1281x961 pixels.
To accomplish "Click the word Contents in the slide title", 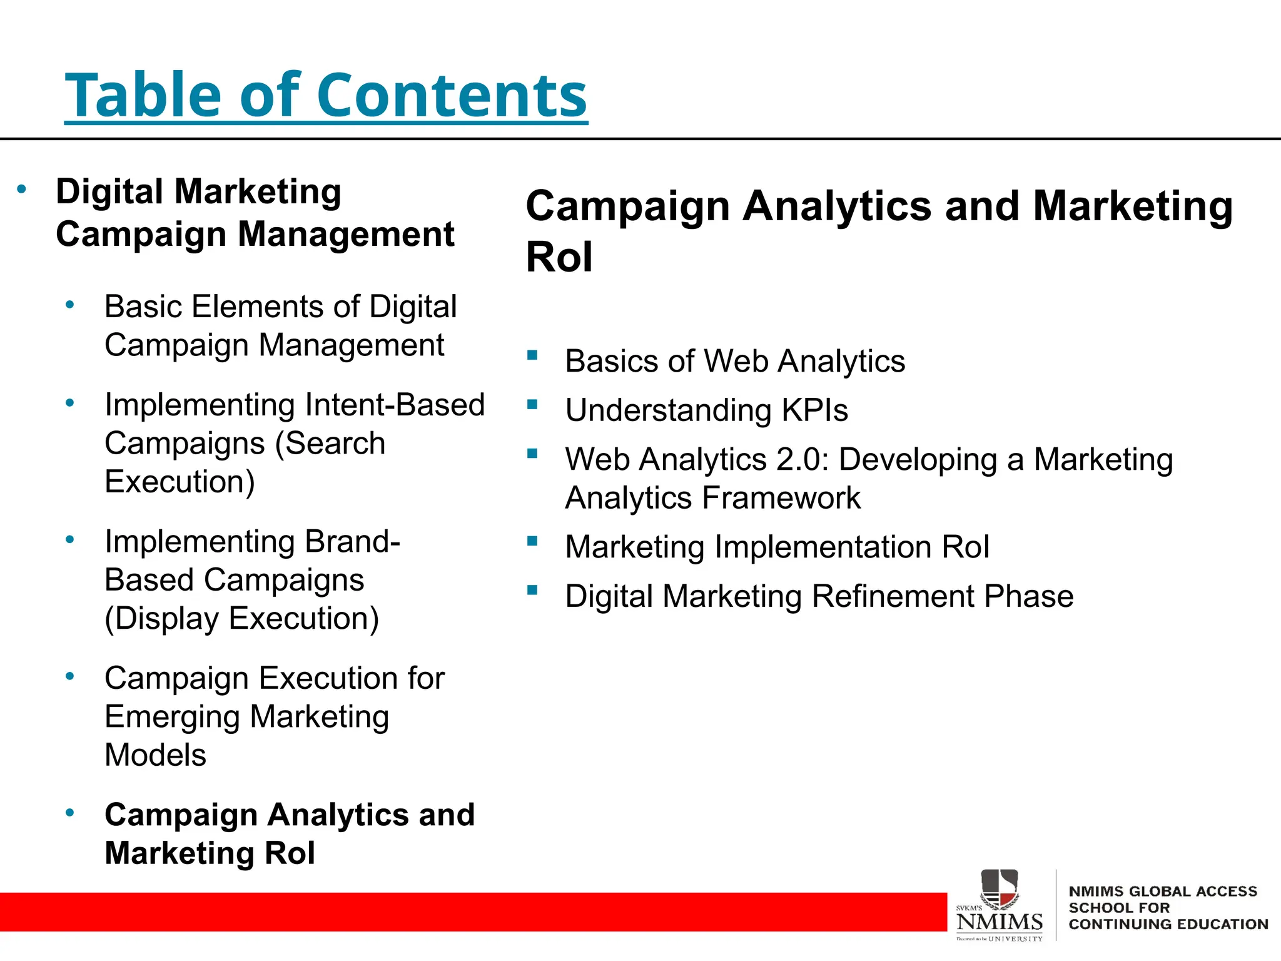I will tap(452, 95).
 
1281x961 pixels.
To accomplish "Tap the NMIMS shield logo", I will tap(999, 889).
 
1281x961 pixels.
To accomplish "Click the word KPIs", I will tap(814, 410).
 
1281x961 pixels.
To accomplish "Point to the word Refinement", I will tap(893, 596).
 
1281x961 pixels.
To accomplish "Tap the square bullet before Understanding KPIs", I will tap(532, 405).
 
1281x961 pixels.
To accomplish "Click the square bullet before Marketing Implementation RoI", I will tap(532, 541).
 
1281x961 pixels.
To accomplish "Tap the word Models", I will tap(155, 755).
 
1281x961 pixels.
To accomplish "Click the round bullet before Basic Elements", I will tap(70, 305).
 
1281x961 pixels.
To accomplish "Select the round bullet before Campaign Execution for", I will tap(70, 676).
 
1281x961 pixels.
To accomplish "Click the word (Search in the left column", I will tap(330, 444).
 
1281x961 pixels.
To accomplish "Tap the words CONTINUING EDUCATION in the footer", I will tap(1168, 924).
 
